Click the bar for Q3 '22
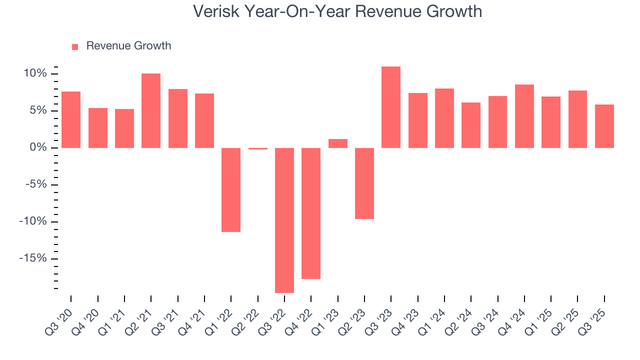284,220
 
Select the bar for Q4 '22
311,213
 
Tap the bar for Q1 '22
231,189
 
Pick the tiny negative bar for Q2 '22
258,148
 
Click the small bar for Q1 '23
338,143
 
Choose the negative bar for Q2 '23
364,183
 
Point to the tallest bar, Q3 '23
391,107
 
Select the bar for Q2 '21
151,110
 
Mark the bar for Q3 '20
71,119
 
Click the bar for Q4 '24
524,116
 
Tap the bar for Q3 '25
604,126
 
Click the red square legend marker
75,46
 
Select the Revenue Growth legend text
128,46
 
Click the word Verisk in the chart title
215,11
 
